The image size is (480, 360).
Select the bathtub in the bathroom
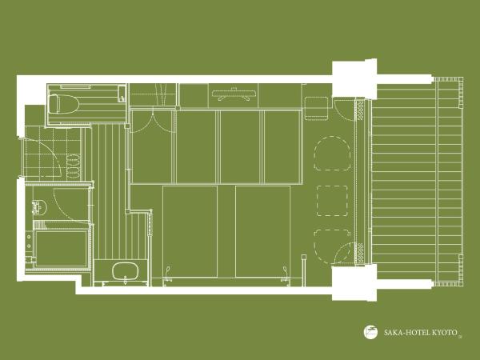61,249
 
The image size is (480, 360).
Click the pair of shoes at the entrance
74,164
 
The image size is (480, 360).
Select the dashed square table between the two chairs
332,200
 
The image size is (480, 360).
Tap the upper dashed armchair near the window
331,153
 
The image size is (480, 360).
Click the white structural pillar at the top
354,79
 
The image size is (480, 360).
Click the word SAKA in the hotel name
392,330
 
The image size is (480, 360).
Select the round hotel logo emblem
370,330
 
